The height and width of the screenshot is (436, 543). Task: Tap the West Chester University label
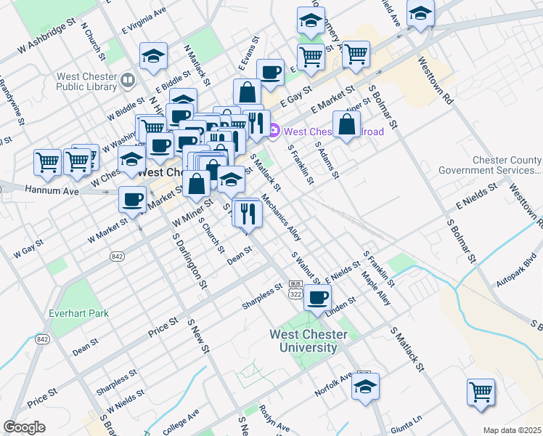pyautogui.click(x=309, y=341)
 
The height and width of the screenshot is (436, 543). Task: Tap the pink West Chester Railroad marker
pyautogui.click(x=274, y=132)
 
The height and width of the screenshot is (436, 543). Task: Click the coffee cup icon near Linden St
pyautogui.click(x=317, y=297)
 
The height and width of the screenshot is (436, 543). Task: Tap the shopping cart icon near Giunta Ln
pyautogui.click(x=481, y=391)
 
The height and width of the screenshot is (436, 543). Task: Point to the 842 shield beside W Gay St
pyautogui.click(x=117, y=257)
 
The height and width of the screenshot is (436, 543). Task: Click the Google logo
pyautogui.click(x=24, y=427)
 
